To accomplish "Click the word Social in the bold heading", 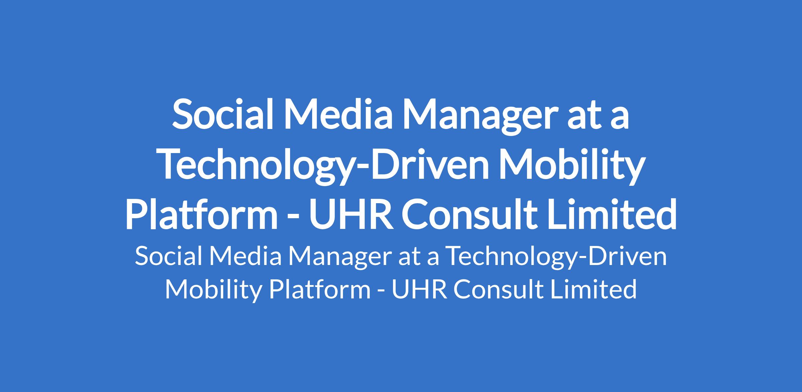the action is (x=222, y=114).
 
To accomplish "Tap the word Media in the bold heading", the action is (x=338, y=114).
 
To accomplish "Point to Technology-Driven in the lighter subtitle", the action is (x=556, y=259).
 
